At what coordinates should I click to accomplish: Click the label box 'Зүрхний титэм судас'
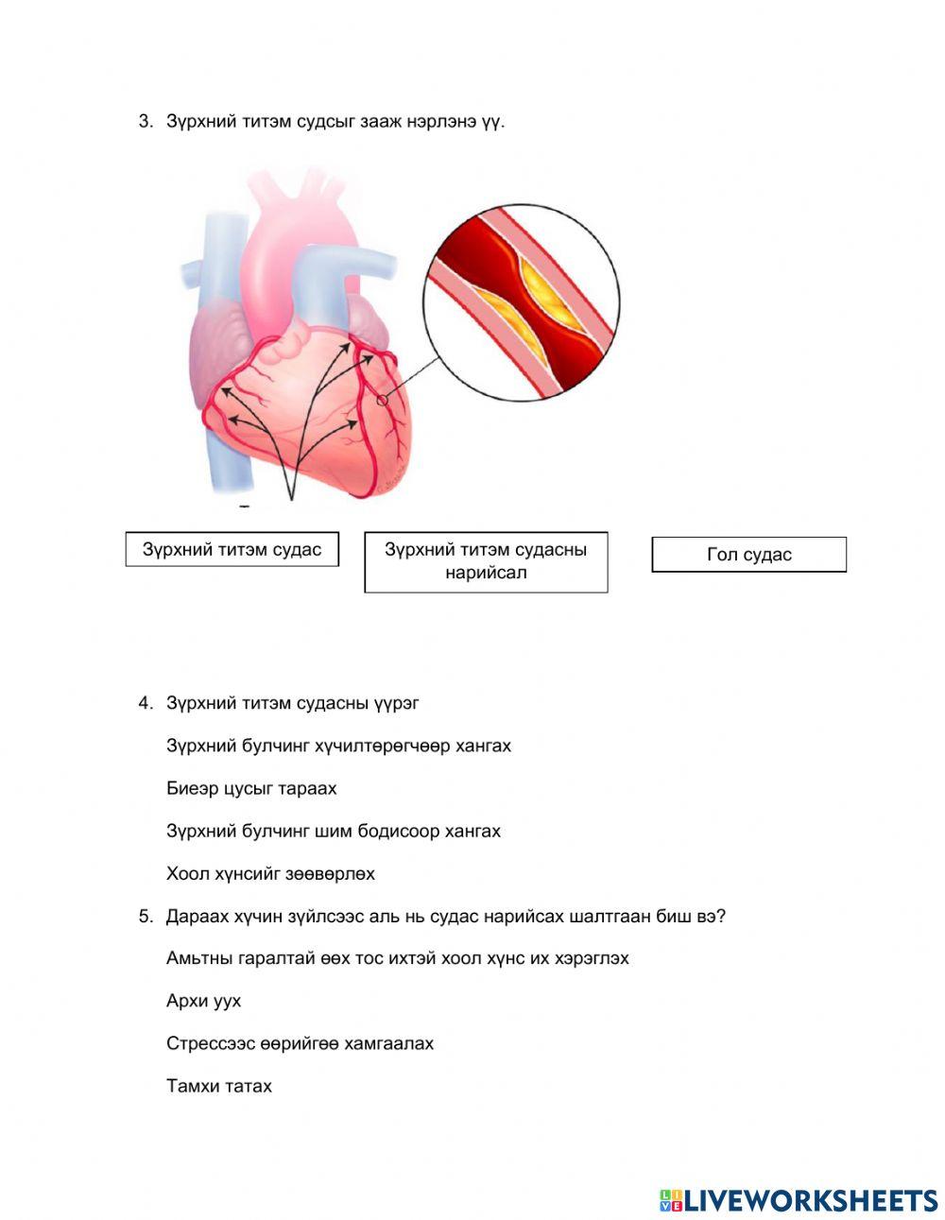(232, 549)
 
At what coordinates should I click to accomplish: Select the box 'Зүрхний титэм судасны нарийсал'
(486, 561)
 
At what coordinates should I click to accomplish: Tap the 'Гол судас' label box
(748, 555)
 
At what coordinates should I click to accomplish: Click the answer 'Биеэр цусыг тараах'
(251, 788)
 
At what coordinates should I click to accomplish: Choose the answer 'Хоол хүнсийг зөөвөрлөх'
(270, 873)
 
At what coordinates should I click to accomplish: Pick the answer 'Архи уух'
(203, 1001)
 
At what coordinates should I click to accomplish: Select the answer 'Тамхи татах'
(219, 1086)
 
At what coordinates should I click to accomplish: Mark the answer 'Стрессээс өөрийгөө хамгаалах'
(300, 1043)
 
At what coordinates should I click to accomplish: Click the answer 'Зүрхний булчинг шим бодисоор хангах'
(334, 831)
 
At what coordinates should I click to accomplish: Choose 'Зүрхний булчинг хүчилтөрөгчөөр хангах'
(338, 746)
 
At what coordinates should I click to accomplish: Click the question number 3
(145, 121)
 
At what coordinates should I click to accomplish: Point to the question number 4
(145, 703)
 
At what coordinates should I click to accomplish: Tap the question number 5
(145, 916)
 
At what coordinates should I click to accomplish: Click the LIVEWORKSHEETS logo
(799, 1200)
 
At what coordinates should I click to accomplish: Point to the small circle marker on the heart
(383, 400)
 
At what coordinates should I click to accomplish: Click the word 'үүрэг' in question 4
(396, 703)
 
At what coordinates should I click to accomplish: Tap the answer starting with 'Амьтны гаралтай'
(397, 958)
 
